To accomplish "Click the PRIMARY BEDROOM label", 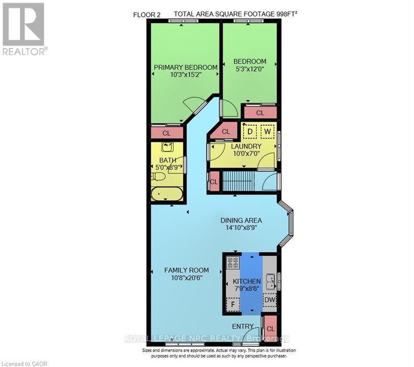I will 185,67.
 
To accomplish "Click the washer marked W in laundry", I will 268,130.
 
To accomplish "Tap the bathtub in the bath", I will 166,194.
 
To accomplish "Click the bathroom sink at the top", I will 167,147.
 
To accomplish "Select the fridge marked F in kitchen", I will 233,303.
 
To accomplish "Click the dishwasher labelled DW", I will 270,300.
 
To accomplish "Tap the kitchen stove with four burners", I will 233,262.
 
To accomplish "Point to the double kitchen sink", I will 271,281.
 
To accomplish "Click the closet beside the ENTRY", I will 271,328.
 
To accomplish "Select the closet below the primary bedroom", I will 167,133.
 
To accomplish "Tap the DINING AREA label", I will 241,220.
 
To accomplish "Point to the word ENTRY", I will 243,326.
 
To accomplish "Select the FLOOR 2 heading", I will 147,15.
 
